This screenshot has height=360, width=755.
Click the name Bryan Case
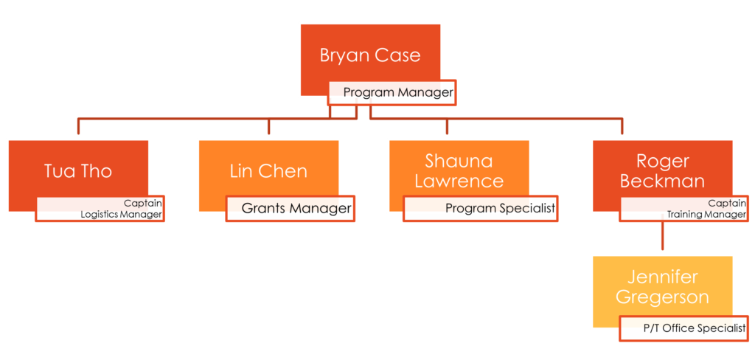pos(370,56)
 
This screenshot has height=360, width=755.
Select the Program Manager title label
pos(397,93)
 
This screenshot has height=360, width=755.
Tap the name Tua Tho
pos(78,171)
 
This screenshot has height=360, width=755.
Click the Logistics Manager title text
pos(121,215)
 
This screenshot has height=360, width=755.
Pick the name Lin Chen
pos(268,171)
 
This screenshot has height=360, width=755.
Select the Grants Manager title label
pos(296,209)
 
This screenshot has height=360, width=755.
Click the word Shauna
pos(459,162)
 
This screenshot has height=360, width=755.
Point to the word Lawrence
pos(459,181)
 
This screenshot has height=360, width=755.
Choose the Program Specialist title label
pos(500,209)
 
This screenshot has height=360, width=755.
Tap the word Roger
pos(662,162)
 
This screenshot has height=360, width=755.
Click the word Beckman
pos(662,181)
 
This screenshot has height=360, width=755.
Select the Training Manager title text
pos(706,215)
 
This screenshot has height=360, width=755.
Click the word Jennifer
pos(662,277)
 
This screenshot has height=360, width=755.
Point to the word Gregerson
pos(662,297)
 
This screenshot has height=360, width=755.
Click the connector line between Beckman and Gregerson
pos(663,236)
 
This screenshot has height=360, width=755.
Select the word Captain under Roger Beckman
pos(727,203)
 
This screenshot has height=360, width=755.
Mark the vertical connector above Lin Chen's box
pos(268,127)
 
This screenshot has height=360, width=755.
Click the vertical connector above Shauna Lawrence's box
pos(448,127)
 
